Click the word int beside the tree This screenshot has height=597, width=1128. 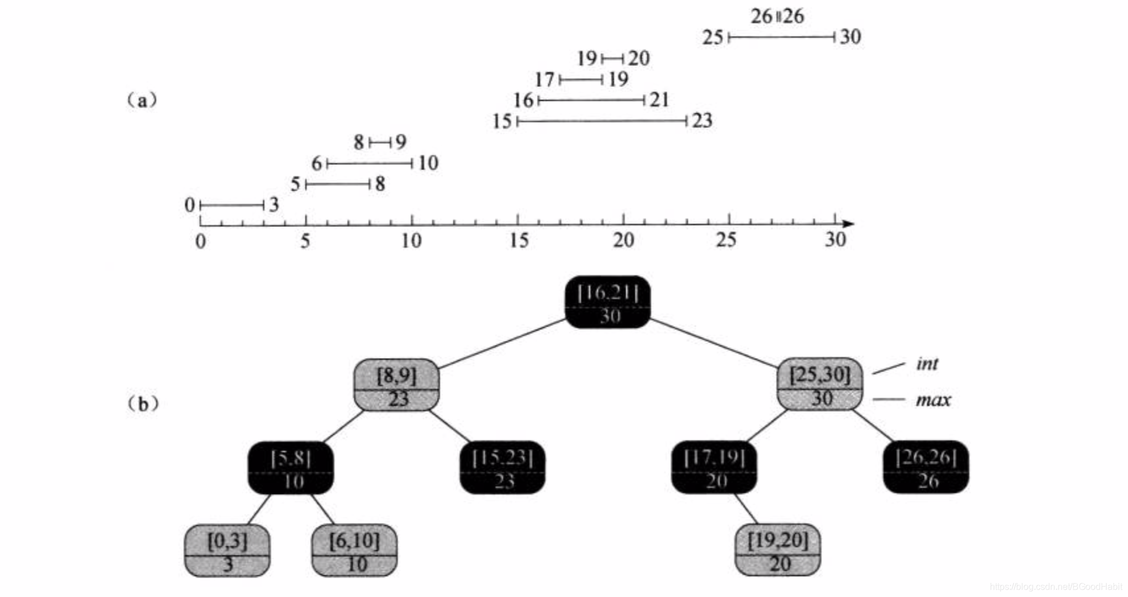click(927, 364)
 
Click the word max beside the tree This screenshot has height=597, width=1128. click(933, 400)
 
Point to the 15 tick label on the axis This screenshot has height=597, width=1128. click(519, 241)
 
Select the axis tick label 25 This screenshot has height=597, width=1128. click(726, 240)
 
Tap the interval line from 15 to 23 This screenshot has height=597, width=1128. click(602, 121)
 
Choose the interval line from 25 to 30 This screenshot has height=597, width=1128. click(782, 38)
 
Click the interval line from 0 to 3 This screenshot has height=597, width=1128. click(232, 205)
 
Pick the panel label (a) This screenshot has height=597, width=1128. click(142, 101)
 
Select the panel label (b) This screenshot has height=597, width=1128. click(142, 404)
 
